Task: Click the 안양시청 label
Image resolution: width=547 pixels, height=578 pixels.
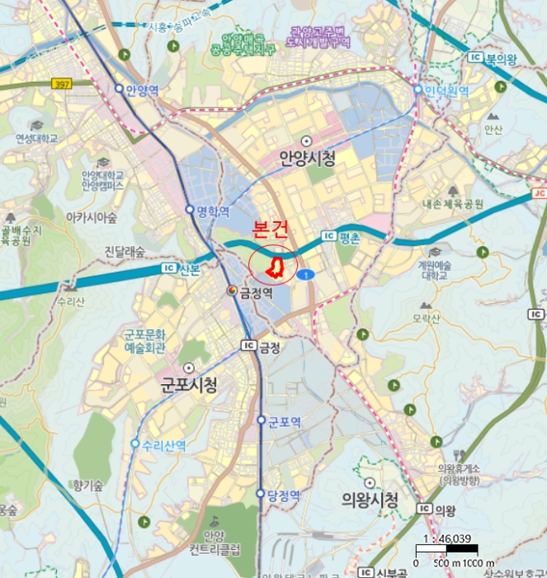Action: pos(308,159)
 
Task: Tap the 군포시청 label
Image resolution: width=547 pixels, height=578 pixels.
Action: pos(189,385)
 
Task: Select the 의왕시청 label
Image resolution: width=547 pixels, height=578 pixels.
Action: pos(370,500)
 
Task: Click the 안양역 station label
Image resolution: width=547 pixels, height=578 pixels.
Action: pos(142,88)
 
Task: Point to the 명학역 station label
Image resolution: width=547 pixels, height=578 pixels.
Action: pos(212,211)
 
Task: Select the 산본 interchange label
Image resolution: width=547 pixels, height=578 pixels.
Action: pos(188,268)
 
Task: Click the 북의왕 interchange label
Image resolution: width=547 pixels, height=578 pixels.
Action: pos(500,59)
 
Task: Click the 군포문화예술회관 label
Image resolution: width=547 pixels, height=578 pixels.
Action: pos(145,341)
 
